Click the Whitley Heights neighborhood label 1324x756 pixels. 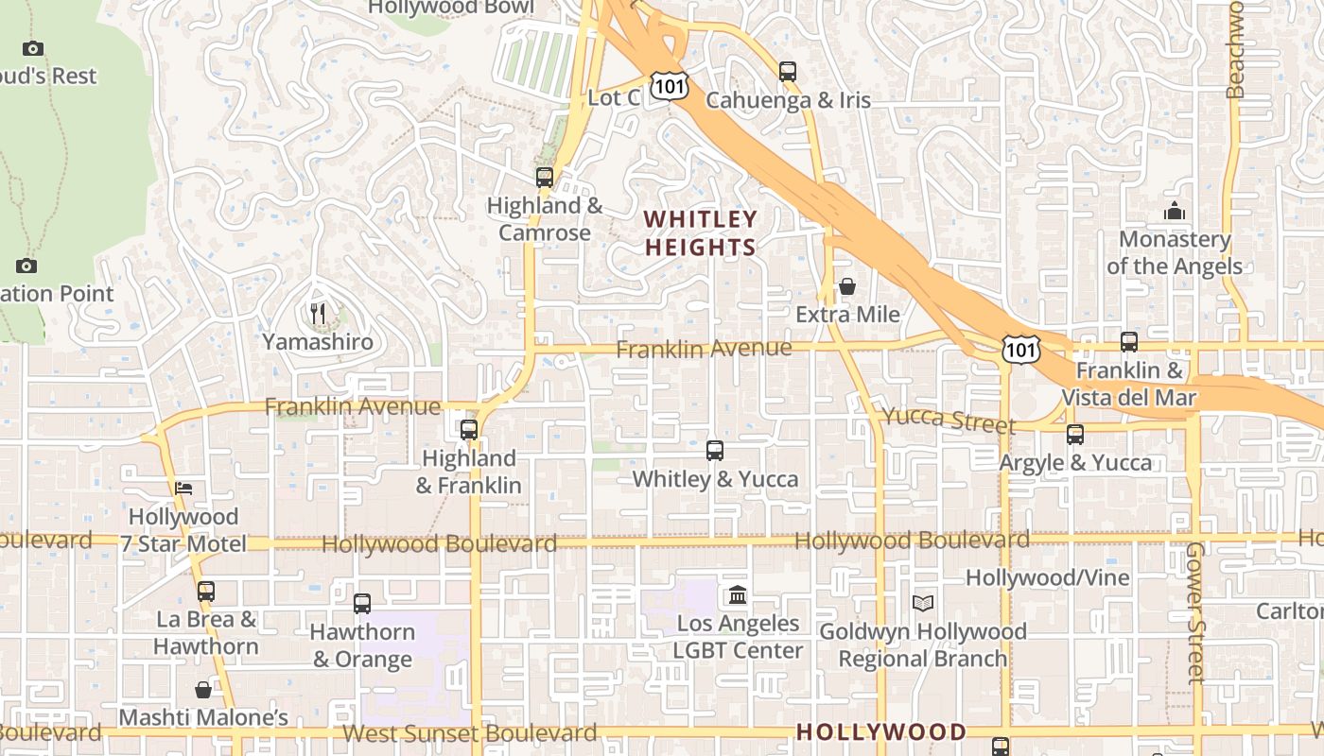(x=700, y=233)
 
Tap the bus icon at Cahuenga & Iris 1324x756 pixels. (x=788, y=71)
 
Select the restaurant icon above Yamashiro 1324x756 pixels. (x=318, y=313)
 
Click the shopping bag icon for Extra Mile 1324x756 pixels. (x=847, y=285)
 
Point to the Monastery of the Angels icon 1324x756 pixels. (x=1175, y=211)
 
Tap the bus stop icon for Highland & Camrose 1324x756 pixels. (x=544, y=177)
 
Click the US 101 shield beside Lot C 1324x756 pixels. (x=669, y=87)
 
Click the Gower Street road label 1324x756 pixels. (x=1195, y=611)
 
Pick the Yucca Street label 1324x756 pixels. (x=949, y=420)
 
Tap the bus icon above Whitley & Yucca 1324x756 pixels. (x=715, y=450)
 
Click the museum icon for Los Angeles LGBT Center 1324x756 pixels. (x=738, y=595)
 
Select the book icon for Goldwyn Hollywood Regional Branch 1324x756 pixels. (x=923, y=603)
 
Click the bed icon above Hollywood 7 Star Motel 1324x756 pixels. (x=184, y=488)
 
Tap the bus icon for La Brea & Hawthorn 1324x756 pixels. (x=205, y=592)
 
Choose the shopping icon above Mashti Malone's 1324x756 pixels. (x=203, y=690)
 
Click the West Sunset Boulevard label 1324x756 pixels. (x=469, y=733)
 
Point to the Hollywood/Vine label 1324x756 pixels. (x=1047, y=577)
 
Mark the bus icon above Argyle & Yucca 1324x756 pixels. (x=1075, y=434)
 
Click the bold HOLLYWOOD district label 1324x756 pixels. (x=881, y=732)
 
